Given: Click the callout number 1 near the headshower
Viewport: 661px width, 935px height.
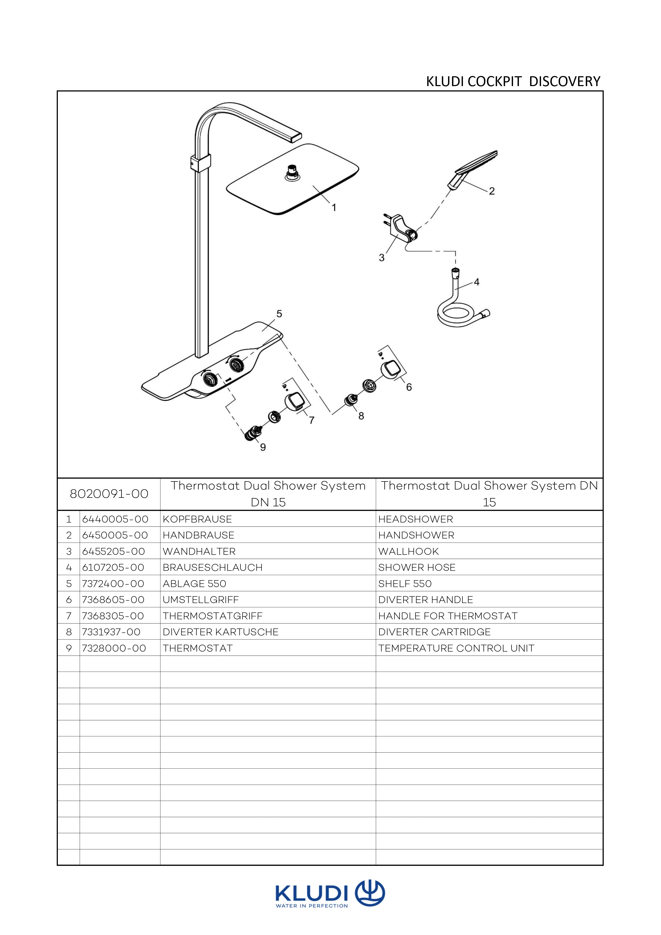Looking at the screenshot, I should coord(334,208).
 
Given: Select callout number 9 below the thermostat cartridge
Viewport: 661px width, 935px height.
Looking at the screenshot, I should coord(263,447).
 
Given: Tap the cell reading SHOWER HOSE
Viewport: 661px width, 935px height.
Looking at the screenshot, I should coord(417,567).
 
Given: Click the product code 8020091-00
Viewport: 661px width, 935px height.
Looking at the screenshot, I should coord(109,494).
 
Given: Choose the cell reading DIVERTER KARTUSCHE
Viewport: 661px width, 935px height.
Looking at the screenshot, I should coord(221,632).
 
